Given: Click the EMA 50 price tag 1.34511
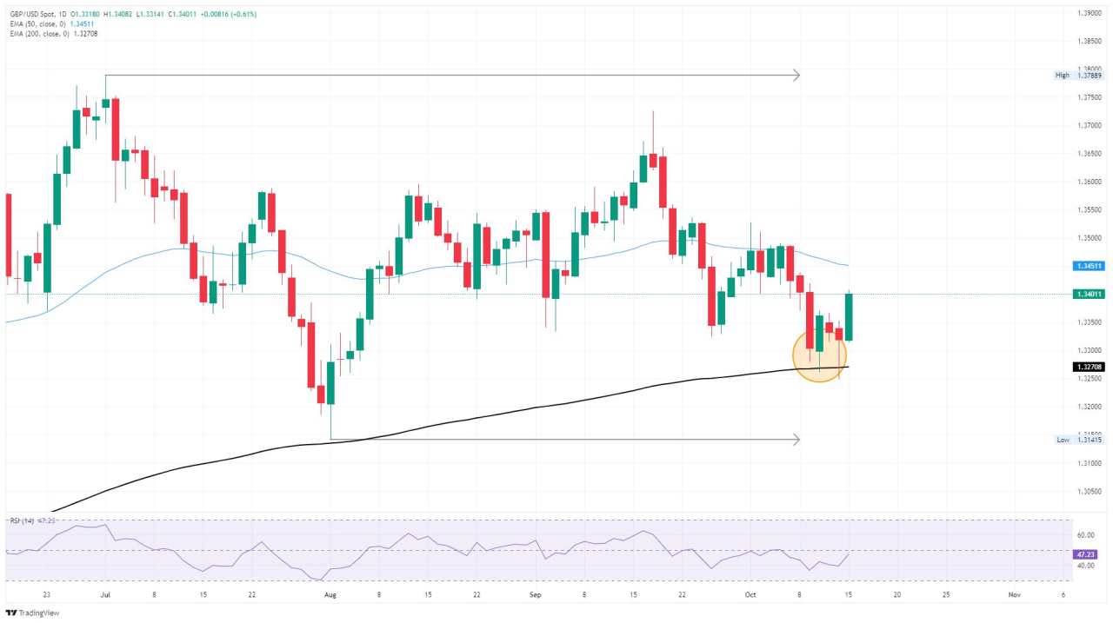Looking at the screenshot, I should [1090, 266].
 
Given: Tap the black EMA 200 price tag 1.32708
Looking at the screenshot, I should [1090, 367].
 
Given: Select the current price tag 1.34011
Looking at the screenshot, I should [1090, 295].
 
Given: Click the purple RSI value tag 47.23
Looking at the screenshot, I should [1089, 553].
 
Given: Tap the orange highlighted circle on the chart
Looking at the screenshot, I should [819, 355].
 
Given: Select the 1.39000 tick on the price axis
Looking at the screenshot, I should [1090, 13].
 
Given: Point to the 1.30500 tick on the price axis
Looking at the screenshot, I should [1090, 491].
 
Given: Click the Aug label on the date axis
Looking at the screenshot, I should [330, 595].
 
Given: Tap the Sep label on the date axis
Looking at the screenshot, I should [535, 595].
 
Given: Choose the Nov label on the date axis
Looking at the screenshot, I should [1013, 595].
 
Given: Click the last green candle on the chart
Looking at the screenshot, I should [849, 317].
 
